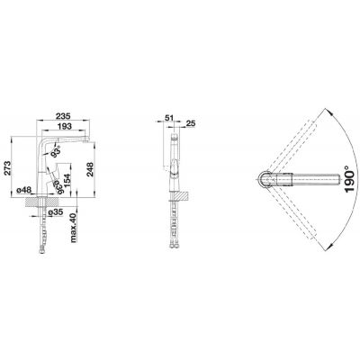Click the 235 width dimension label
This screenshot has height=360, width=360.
pyautogui.click(x=63, y=116)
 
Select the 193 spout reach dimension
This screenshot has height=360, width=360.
pyautogui.click(x=65, y=126)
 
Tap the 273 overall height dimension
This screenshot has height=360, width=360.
pyautogui.click(x=7, y=168)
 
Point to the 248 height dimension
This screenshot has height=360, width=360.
pyautogui.click(x=90, y=169)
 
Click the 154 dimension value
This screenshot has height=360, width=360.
pyautogui.click(x=67, y=181)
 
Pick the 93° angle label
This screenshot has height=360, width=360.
pyautogui.click(x=56, y=151)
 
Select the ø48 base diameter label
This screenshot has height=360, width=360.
pyautogui.click(x=24, y=190)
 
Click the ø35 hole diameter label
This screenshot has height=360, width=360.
pyautogui.click(x=55, y=212)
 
